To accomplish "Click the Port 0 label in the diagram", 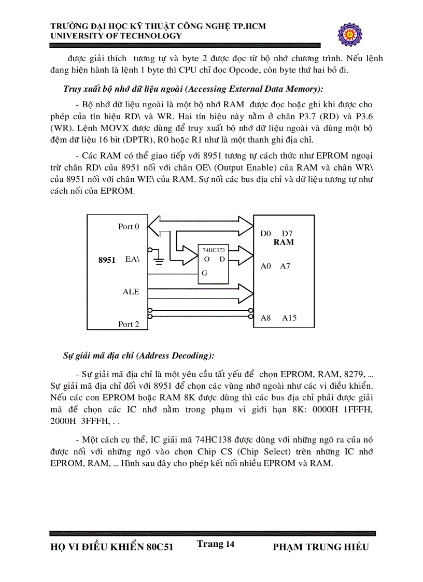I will click(129, 226).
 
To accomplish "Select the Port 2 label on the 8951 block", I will click(129, 324).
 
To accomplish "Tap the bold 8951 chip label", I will click(107, 260).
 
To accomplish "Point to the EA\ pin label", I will click(132, 259).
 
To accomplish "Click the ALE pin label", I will click(131, 292).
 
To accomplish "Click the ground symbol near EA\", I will click(160, 261).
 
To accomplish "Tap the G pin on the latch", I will click(204, 273).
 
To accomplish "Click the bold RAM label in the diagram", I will click(284, 242).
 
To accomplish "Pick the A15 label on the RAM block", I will click(289, 318).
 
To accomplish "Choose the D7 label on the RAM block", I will click(288, 234).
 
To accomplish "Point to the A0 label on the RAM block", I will click(266, 266).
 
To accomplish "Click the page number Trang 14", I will click(216, 544).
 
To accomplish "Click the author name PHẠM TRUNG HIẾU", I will click(320, 547).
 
